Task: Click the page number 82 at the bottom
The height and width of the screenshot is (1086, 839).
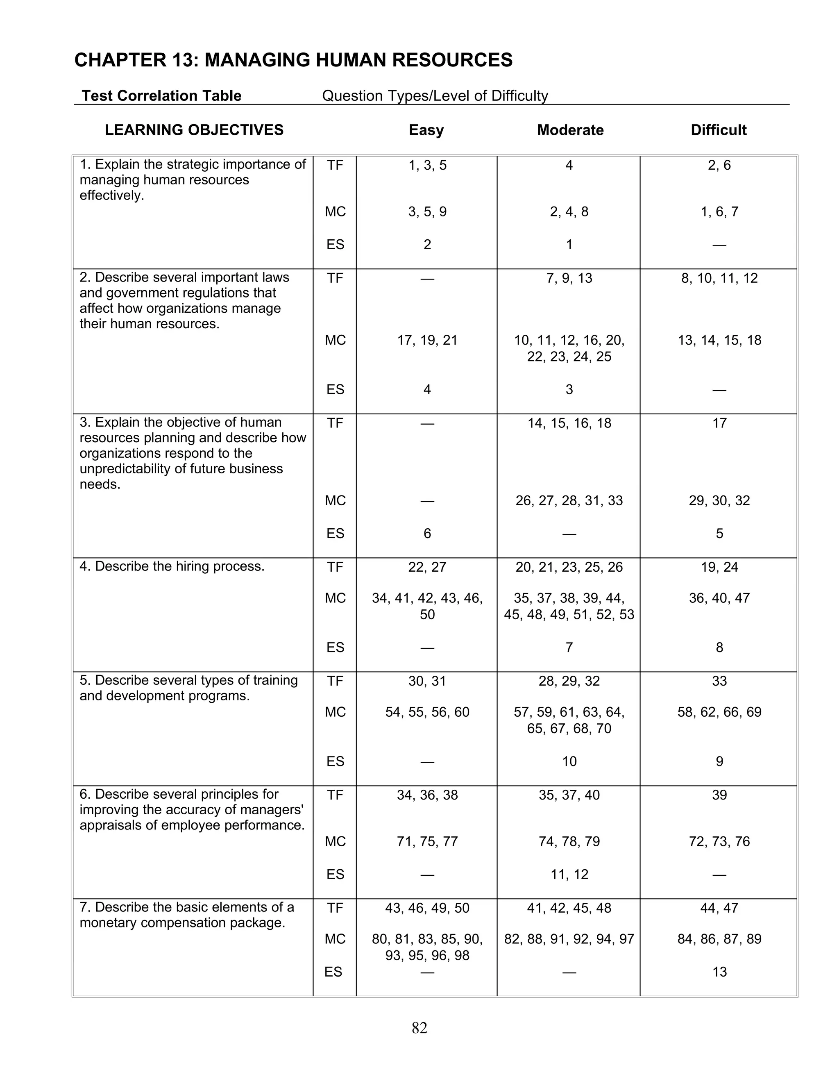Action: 419,1028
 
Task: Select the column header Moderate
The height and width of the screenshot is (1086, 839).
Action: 570,130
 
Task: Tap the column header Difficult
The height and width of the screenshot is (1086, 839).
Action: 718,130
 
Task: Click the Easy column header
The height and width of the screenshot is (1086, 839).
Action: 426,130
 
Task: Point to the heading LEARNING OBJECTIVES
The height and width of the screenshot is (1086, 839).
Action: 194,130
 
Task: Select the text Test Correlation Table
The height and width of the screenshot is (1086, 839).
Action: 161,95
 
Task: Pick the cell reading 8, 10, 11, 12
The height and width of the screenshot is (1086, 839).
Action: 719,278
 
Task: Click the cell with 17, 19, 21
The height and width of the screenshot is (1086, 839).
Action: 427,341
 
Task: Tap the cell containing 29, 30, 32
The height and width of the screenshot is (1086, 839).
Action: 719,501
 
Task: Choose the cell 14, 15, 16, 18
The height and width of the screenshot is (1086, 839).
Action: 569,424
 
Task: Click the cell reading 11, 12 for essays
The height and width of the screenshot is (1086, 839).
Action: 569,875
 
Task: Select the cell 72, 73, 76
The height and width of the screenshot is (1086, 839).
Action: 719,842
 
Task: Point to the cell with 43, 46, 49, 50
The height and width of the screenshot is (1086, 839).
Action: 427,909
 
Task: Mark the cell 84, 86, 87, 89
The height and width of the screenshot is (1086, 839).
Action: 719,939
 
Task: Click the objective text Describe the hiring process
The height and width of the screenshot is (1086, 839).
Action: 172,567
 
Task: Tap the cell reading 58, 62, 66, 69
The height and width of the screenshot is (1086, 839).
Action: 719,713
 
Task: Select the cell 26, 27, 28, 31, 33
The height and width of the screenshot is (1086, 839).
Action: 569,501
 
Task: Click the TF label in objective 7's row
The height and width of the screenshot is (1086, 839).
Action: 335,909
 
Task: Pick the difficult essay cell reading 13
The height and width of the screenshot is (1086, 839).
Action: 719,972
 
